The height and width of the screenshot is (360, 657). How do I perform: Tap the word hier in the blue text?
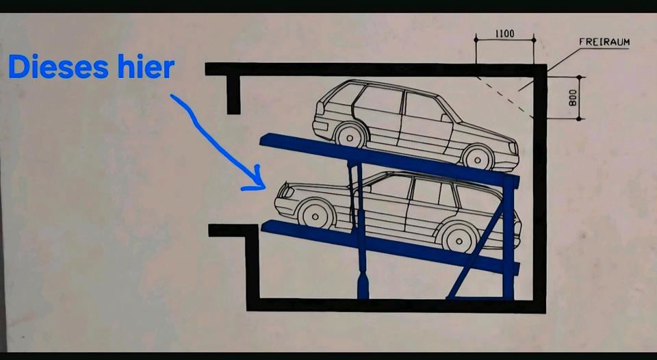pyautogui.click(x=146, y=66)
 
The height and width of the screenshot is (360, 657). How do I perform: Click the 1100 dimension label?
pyautogui.click(x=504, y=34)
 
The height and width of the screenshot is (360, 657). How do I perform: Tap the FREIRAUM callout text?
pyautogui.click(x=604, y=42)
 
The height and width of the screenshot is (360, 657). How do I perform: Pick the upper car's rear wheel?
pyautogui.click(x=351, y=135)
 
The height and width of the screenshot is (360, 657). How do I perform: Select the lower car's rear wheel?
pyautogui.click(x=459, y=240)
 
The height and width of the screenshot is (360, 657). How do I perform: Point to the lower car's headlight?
pyautogui.click(x=287, y=192)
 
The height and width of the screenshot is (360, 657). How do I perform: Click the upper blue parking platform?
pyautogui.click(x=389, y=159)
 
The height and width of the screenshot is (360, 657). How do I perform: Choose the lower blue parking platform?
pyautogui.click(x=390, y=247)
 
